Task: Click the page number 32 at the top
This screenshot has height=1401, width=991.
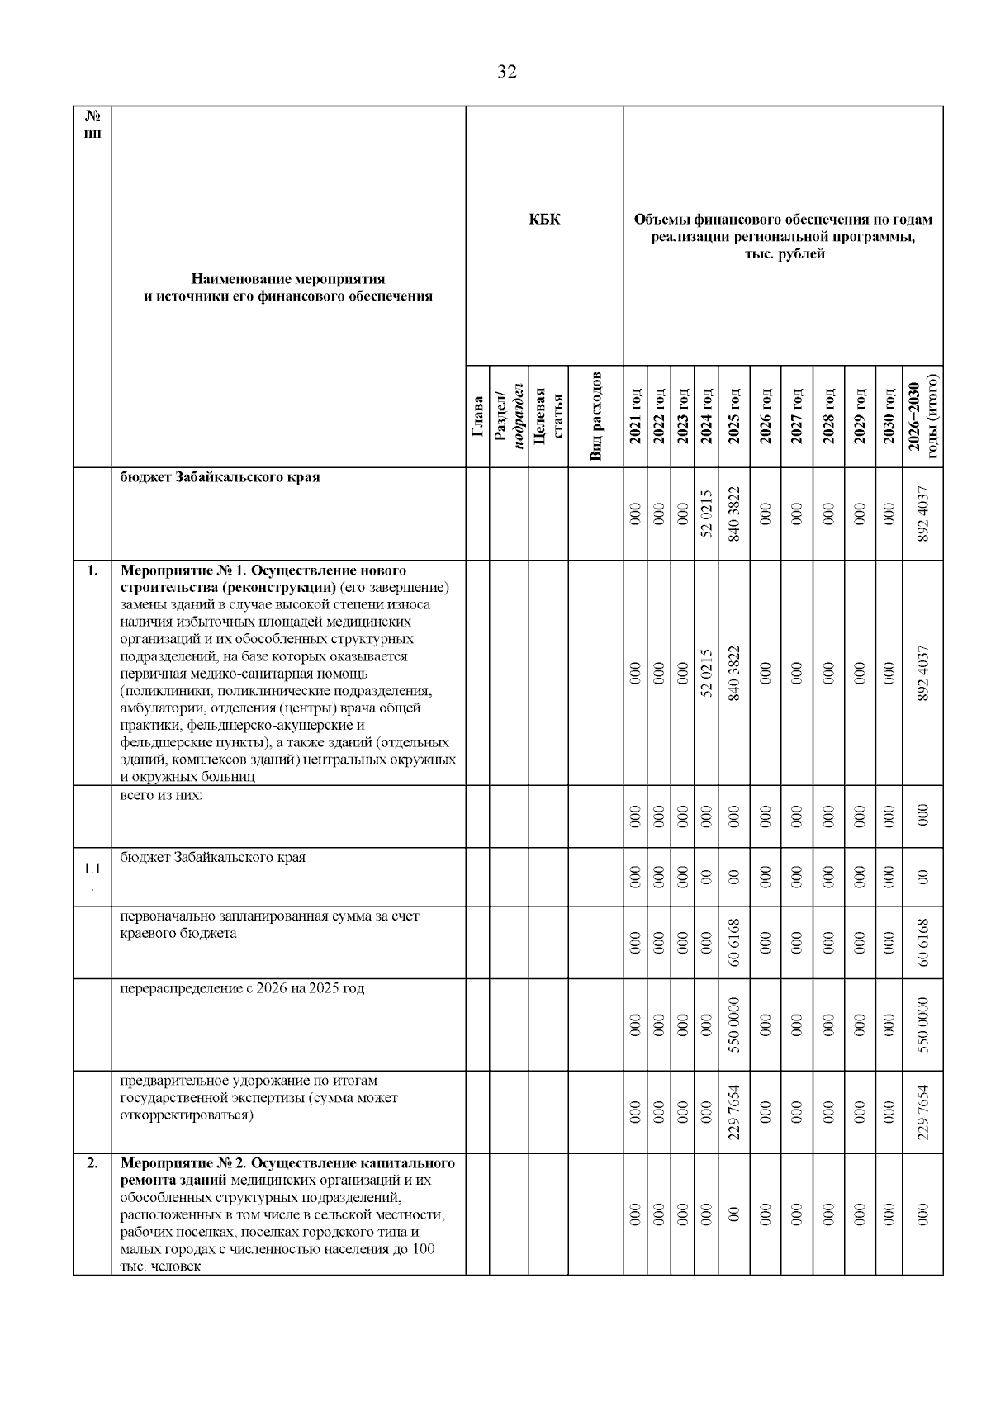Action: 507,73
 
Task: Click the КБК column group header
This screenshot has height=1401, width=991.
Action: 544,220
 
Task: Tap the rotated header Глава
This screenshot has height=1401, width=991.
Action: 477,416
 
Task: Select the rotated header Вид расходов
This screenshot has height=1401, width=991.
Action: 595,416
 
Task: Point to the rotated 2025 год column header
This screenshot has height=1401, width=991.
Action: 733,416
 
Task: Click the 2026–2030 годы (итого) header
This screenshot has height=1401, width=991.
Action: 922,416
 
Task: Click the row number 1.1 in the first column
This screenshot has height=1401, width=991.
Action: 92,869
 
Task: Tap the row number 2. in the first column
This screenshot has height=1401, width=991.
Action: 92,1162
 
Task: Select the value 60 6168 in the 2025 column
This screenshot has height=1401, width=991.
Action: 733,942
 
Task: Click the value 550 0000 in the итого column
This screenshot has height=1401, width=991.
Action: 922,1025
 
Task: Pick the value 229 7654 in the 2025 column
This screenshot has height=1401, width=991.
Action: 733,1111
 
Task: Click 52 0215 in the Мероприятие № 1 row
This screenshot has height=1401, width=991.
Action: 706,673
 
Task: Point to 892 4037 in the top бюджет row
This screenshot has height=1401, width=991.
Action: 922,514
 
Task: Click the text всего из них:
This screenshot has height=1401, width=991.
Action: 161,796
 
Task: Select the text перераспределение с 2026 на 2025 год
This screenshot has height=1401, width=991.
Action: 242,988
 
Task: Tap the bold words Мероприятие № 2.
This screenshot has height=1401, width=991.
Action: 183,1163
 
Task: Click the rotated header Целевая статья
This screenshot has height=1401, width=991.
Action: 548,416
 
